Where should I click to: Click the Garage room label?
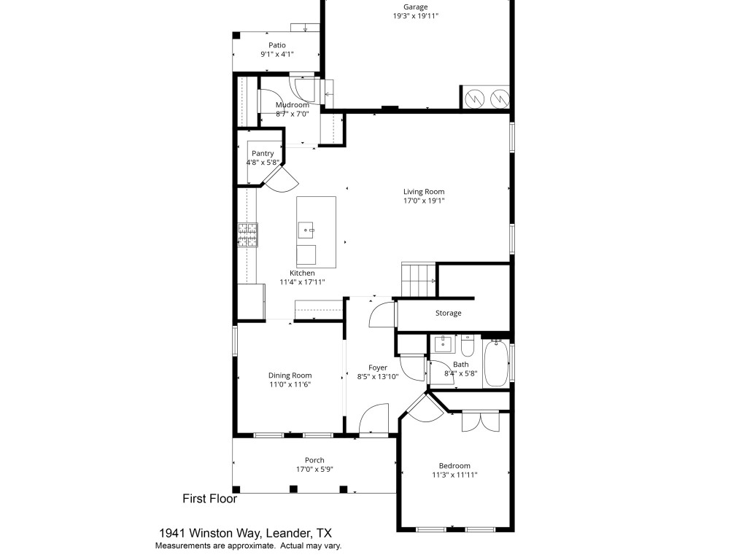416,7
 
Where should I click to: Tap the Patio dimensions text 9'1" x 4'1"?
276,54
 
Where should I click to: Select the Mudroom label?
292,105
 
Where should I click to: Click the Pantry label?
263,153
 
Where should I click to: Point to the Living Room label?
424,192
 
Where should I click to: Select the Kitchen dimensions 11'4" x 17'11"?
302,282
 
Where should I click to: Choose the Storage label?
448,314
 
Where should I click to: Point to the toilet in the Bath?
468,343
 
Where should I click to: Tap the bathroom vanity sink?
443,343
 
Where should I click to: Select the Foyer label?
377,367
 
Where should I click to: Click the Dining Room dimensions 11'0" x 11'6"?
290,384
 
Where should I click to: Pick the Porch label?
314,460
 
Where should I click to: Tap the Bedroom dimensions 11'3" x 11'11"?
454,475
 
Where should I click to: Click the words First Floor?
209,499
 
